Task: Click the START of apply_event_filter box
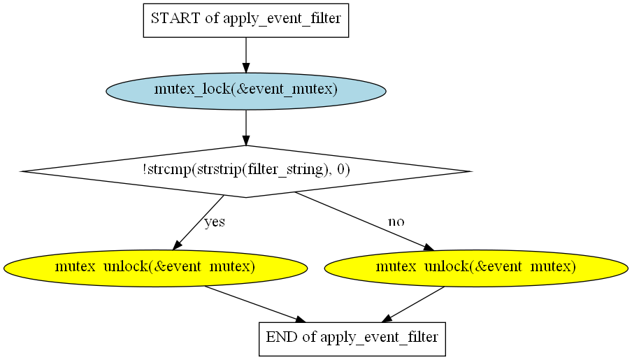point(246,20)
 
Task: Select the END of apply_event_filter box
point(352,339)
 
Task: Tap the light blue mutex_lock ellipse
point(246,91)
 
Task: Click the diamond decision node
point(246,171)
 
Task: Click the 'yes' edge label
point(215,222)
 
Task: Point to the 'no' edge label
point(396,222)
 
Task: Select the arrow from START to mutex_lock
point(246,55)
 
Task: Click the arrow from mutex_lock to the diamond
point(246,127)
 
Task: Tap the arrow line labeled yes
point(199,222)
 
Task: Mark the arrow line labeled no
point(365,222)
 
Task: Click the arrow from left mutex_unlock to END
point(255,304)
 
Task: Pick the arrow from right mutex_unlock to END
point(412,304)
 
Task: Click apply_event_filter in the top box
point(282,19)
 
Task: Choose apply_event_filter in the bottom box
point(379,338)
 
